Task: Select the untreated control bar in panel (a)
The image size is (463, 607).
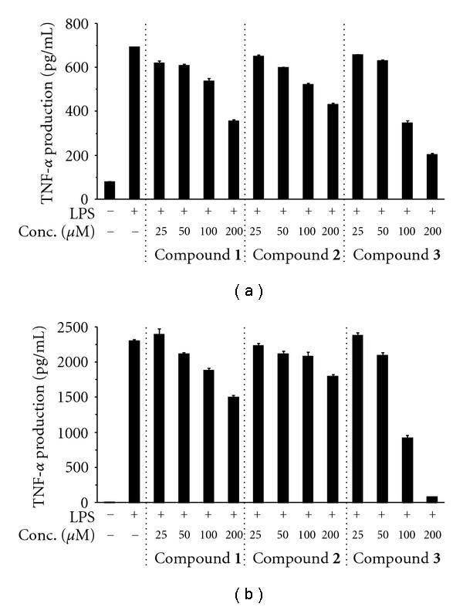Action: [110, 190]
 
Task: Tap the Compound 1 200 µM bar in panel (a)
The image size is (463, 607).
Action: [233, 160]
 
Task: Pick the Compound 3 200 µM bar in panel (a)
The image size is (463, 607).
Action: [432, 177]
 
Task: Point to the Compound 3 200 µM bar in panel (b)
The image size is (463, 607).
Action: [432, 500]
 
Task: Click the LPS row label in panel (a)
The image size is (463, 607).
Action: [79, 211]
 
